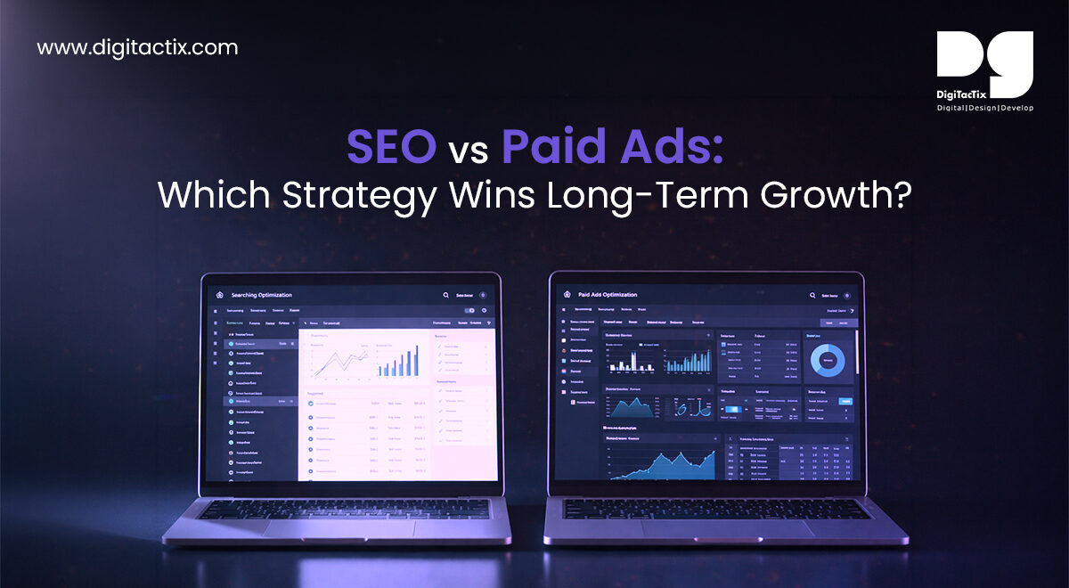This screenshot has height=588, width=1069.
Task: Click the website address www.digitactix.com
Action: pos(137,47)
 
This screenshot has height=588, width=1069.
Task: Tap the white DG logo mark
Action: pos(984,64)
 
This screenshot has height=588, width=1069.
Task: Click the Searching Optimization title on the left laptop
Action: pos(261,295)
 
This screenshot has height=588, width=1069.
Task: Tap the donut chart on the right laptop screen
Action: pos(828,360)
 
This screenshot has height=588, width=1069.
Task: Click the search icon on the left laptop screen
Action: pos(445,295)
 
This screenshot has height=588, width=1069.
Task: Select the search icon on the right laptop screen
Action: pos(812,295)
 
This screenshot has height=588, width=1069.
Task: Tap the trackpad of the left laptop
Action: pos(337,530)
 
